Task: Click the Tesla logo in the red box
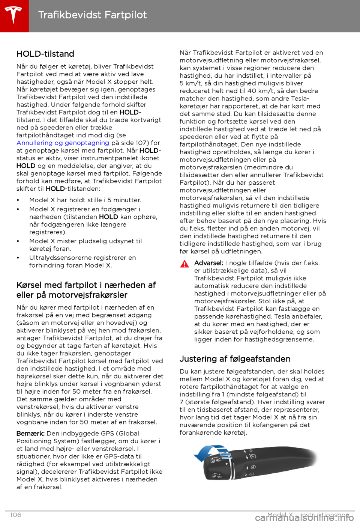(14, 15)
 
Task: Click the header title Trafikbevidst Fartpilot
(92, 15)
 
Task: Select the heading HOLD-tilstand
(45, 54)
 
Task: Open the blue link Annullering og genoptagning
(63, 143)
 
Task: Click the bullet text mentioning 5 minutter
(85, 200)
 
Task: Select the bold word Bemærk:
(30, 434)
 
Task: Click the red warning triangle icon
(184, 264)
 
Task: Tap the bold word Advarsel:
(208, 263)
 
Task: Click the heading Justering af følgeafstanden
(235, 359)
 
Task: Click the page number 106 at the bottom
(16, 515)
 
